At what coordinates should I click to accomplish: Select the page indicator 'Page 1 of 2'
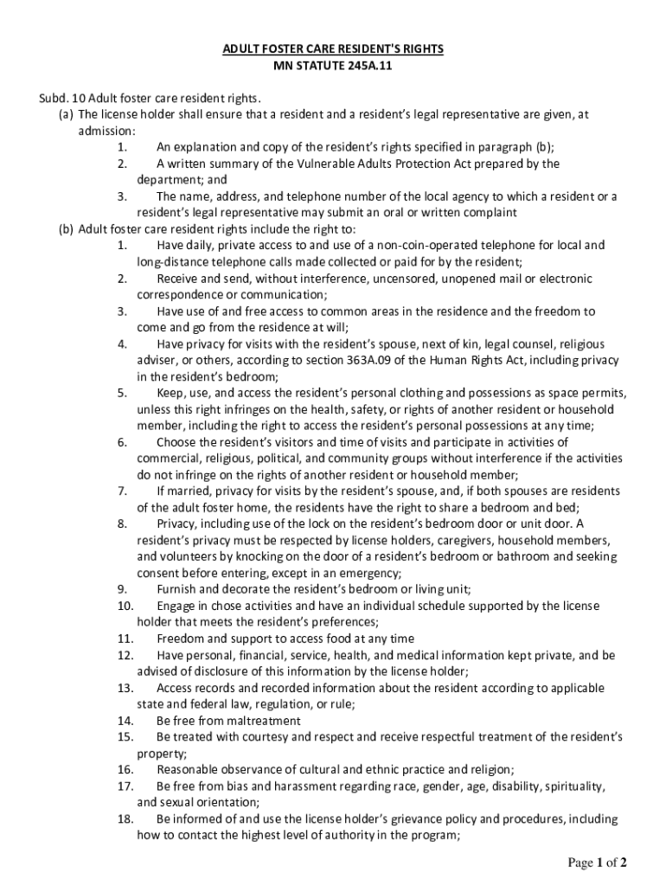[x=596, y=863]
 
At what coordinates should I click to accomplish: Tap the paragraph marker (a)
[x=66, y=114]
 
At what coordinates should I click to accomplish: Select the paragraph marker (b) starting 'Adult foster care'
[x=66, y=229]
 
